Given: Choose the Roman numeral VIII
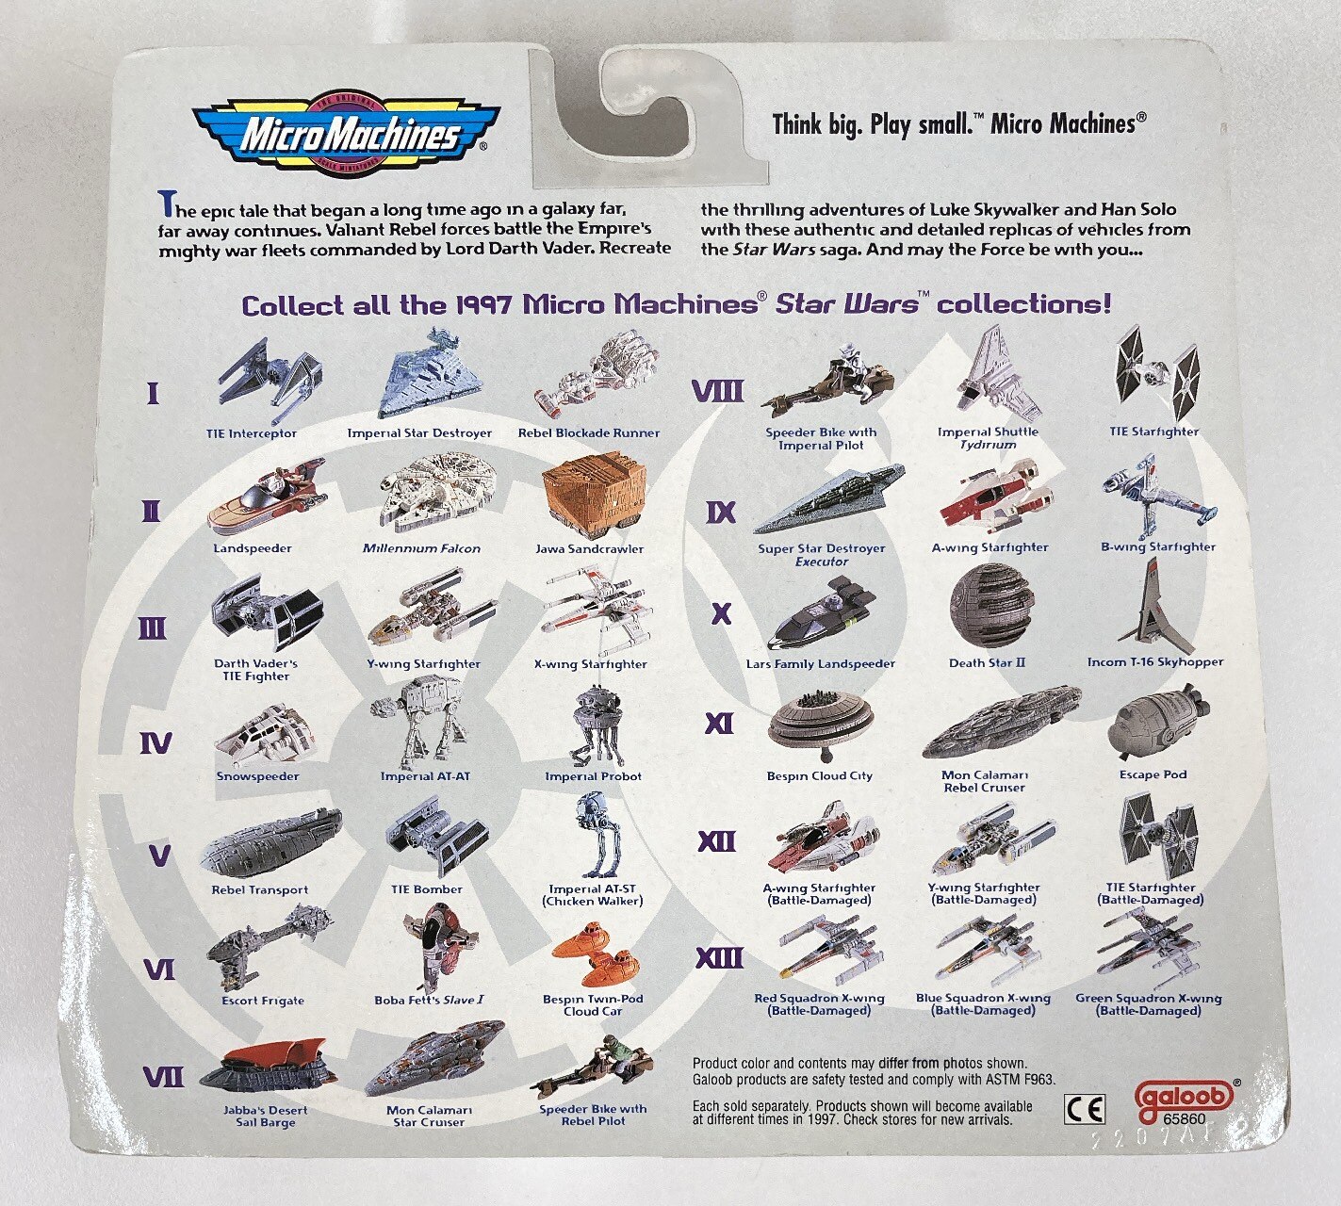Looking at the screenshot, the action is coord(718,392).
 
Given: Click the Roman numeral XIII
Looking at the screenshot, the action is coord(719,958).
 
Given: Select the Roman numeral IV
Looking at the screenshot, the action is coord(155,742).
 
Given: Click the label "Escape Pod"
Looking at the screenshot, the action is coord(1153,774).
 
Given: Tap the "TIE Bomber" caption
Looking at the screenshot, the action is coord(427,889).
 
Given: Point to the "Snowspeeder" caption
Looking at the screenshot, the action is coord(257,776).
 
